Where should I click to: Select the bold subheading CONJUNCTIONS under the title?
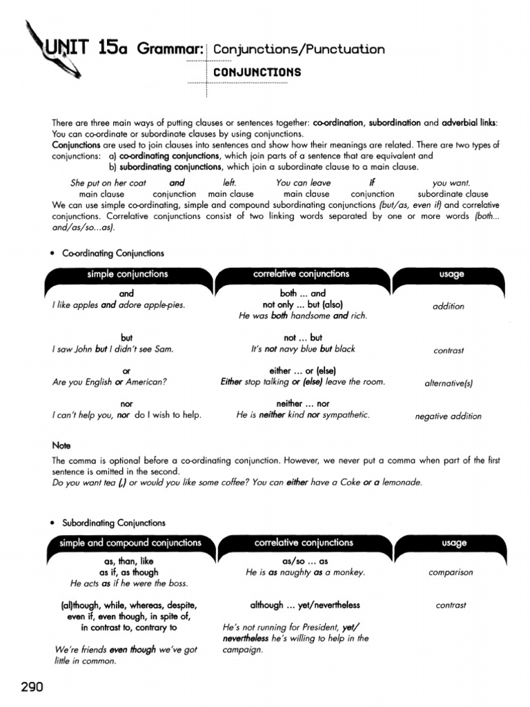click(x=257, y=72)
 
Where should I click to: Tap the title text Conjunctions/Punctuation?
click(x=299, y=49)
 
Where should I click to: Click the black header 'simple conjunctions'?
click(x=127, y=274)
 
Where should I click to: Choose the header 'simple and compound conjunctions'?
click(x=130, y=543)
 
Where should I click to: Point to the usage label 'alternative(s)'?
click(x=448, y=382)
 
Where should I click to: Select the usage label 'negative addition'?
click(x=448, y=416)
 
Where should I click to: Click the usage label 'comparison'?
click(x=451, y=572)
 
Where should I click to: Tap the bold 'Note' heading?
click(x=61, y=446)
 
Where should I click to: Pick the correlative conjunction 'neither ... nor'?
click(x=302, y=403)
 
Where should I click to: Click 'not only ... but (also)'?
click(x=302, y=304)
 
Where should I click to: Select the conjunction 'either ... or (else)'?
click(x=302, y=371)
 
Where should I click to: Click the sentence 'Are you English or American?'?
click(x=110, y=382)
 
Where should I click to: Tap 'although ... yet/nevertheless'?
click(x=305, y=605)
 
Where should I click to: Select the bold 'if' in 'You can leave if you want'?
click(x=371, y=183)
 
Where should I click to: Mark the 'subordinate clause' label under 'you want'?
click(x=452, y=194)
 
